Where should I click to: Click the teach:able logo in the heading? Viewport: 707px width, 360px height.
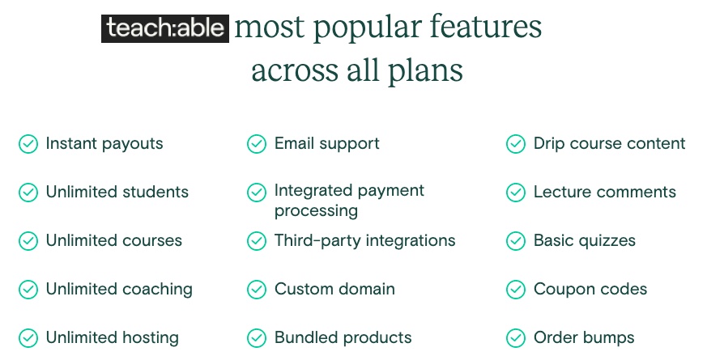(x=165, y=29)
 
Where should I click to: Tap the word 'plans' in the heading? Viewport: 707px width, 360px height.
(x=425, y=71)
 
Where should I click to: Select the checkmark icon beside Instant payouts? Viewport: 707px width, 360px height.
(x=28, y=144)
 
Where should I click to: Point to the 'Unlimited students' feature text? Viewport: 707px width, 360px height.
(x=117, y=192)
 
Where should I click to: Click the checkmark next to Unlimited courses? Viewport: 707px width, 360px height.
(x=28, y=240)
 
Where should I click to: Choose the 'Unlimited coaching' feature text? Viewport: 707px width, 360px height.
(x=119, y=290)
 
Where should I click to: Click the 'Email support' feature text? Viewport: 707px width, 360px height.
(x=327, y=144)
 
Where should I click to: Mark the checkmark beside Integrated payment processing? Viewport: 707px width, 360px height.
(x=257, y=193)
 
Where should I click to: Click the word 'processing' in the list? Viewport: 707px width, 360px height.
(x=316, y=211)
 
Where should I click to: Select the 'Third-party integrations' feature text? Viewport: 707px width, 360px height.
(x=364, y=240)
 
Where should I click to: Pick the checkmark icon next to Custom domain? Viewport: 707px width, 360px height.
(x=257, y=290)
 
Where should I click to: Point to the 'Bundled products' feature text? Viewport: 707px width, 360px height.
(x=343, y=338)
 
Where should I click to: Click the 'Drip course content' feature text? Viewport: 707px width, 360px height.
(x=610, y=144)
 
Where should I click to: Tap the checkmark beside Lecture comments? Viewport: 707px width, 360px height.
(x=516, y=193)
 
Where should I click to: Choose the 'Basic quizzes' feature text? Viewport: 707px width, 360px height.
(x=585, y=240)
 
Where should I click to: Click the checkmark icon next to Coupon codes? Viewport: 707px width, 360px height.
(x=516, y=290)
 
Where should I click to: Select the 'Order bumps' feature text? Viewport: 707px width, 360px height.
(x=584, y=338)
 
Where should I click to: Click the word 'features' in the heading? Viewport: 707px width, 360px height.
(x=486, y=26)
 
